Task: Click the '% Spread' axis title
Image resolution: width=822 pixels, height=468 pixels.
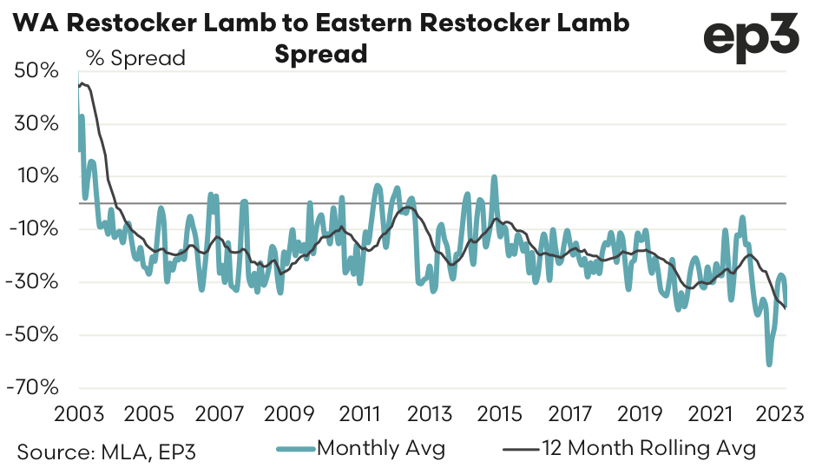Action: click(135, 59)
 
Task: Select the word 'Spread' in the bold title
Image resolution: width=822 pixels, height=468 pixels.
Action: click(321, 54)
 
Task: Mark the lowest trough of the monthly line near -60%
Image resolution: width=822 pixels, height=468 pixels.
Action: click(769, 364)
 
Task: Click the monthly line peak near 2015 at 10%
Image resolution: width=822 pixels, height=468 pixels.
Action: click(494, 177)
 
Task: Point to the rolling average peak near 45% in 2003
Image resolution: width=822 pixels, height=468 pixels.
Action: click(83, 83)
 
